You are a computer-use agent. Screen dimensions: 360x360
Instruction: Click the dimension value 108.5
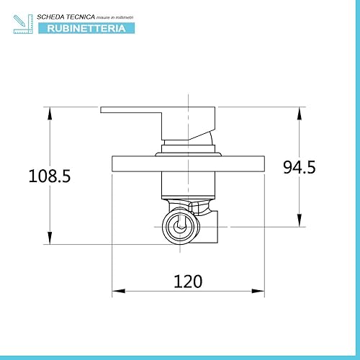pyautogui.click(x=50, y=176)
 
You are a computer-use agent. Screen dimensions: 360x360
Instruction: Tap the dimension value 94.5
pyautogui.click(x=300, y=167)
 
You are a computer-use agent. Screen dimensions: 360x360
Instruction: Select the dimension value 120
pyautogui.click(x=188, y=282)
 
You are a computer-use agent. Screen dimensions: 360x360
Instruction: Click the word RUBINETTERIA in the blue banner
pyautogui.click(x=86, y=28)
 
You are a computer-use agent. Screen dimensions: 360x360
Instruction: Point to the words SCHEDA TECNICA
pyautogui.click(x=66, y=17)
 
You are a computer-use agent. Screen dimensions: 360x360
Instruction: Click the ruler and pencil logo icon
pyautogui.click(x=23, y=24)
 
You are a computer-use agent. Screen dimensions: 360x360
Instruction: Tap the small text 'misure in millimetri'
pyautogui.click(x=114, y=17)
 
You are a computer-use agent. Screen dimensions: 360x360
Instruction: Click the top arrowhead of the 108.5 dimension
pyautogui.click(x=50, y=113)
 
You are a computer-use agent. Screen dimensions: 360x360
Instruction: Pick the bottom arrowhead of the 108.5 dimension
pyautogui.click(x=50, y=238)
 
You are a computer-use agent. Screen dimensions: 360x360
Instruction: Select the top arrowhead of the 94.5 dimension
pyautogui.click(x=300, y=113)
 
